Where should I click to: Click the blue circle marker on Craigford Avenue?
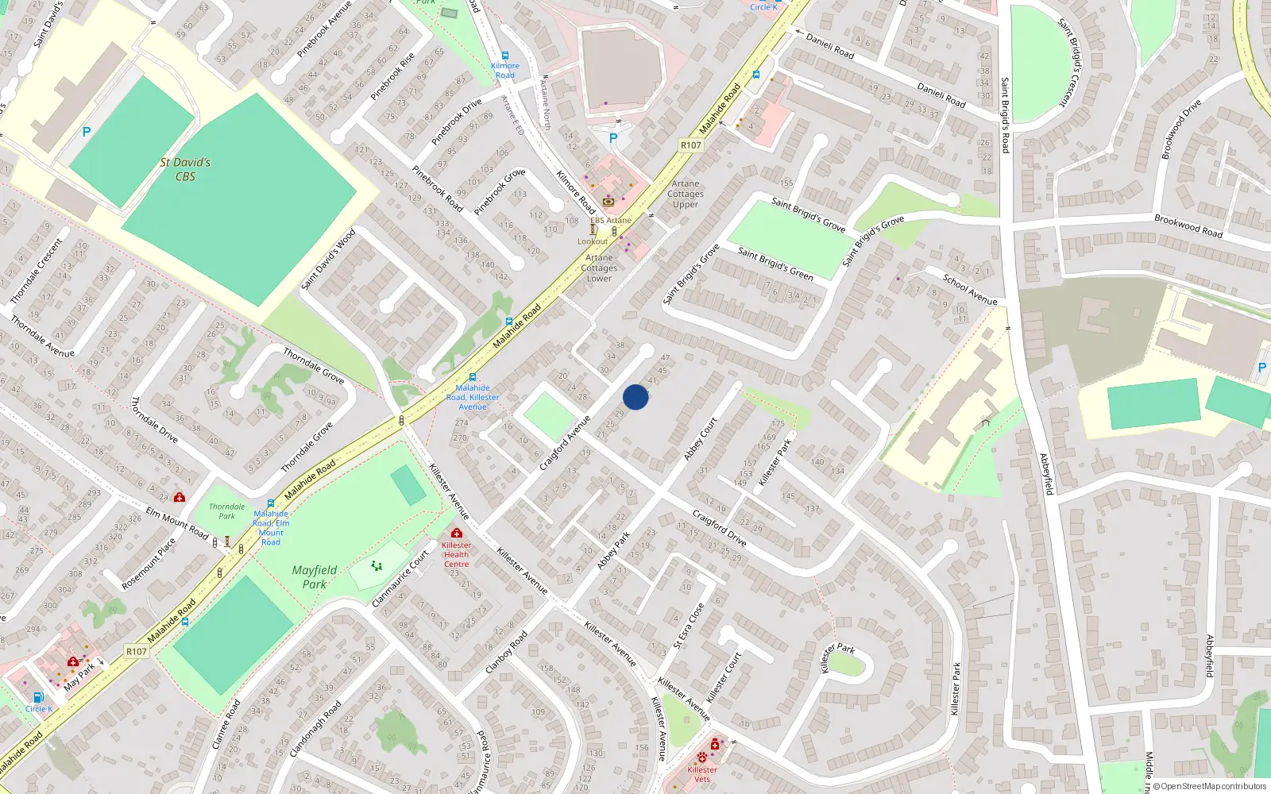click(635, 397)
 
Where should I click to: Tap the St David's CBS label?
click(185, 169)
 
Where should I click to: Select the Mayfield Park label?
click(315, 577)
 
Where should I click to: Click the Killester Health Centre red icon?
click(456, 533)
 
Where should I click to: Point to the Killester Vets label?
click(702, 774)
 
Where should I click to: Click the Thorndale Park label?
click(226, 511)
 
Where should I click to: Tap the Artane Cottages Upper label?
click(686, 194)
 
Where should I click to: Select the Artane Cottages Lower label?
click(599, 268)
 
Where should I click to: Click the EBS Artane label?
click(611, 221)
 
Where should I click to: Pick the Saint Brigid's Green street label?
click(775, 264)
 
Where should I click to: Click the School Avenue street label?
click(970, 289)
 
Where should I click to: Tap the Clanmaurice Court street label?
click(400, 579)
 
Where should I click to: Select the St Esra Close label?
click(689, 626)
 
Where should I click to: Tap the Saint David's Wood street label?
click(328, 260)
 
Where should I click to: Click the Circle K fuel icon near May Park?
click(38, 697)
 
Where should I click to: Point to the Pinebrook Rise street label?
click(393, 76)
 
